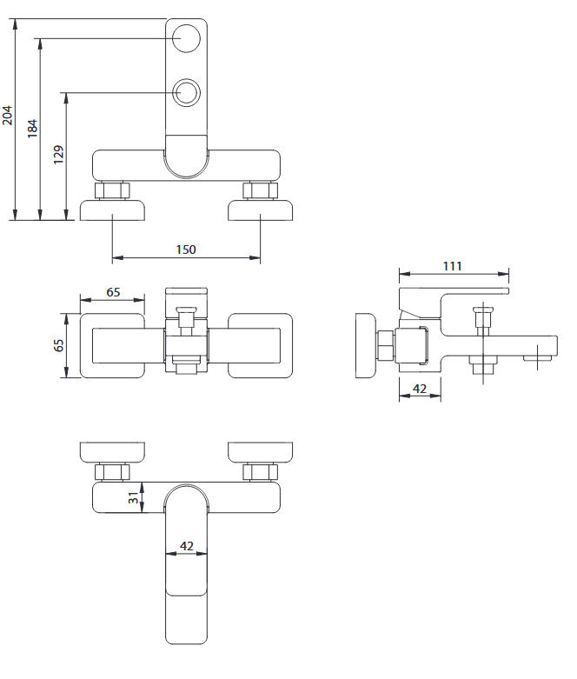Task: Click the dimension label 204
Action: click(8, 116)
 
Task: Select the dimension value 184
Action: click(32, 126)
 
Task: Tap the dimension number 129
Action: click(58, 155)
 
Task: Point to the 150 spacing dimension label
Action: click(186, 250)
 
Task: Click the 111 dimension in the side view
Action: click(452, 266)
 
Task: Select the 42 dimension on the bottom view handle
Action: click(186, 548)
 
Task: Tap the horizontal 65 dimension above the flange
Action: click(113, 292)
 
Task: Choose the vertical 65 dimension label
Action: click(59, 344)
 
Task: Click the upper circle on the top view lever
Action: click(186, 38)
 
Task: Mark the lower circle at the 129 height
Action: click(186, 92)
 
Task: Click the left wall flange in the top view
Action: click(113, 210)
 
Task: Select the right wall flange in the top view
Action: click(261, 210)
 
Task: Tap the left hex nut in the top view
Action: click(113, 190)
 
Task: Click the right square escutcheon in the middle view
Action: click(261, 345)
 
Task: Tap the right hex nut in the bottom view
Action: click(261, 472)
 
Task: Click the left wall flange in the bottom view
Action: click(113, 452)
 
